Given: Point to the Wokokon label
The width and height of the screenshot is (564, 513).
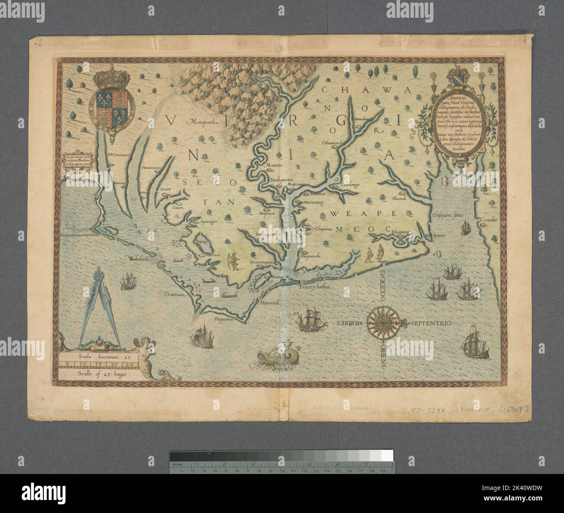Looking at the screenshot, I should click(138, 260).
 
